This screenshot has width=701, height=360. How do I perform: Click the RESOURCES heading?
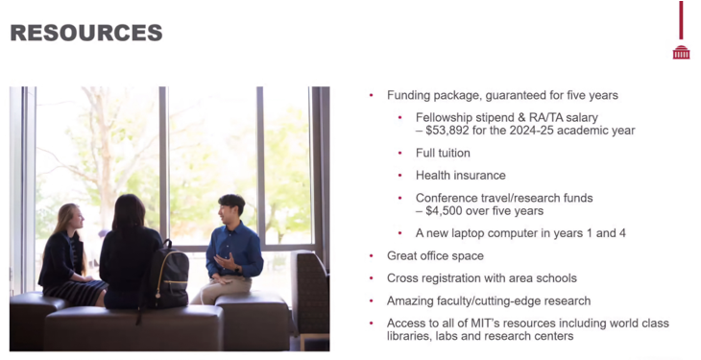[86, 33]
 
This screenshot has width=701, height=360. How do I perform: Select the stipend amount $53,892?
[448, 131]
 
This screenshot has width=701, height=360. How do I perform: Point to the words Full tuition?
[443, 153]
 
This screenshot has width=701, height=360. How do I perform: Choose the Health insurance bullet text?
[461, 176]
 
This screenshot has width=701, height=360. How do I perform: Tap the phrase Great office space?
[435, 255]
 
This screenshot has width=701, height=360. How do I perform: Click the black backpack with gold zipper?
[169, 275]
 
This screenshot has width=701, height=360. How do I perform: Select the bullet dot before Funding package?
[371, 95]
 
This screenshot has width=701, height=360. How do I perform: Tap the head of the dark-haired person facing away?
[129, 213]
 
